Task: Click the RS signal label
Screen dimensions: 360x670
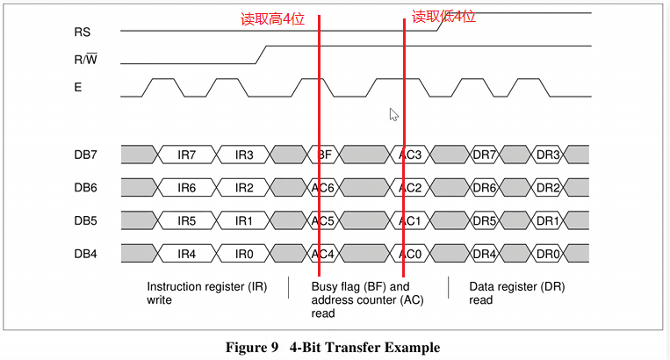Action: [x=83, y=32]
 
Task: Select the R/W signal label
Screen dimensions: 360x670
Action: [x=86, y=61]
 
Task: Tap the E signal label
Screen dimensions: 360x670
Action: [x=78, y=88]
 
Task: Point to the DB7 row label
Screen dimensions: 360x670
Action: [x=86, y=155]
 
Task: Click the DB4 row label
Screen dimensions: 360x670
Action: [x=86, y=255]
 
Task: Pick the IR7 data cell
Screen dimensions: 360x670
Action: [x=187, y=155]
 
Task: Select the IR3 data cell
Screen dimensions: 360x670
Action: [x=245, y=155]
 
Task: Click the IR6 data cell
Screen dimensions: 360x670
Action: [x=187, y=188]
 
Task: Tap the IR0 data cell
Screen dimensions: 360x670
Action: [x=245, y=255]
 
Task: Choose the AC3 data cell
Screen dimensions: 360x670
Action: [x=411, y=155]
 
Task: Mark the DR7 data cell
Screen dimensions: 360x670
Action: [x=486, y=155]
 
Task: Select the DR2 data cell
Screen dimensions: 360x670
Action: [x=548, y=188]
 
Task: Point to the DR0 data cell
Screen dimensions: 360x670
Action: [x=548, y=255]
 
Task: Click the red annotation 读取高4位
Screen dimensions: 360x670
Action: [x=272, y=19]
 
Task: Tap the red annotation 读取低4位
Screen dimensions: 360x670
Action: [x=443, y=17]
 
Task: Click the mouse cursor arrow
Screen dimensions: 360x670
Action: [x=394, y=114]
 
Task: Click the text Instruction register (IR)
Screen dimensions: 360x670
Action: [x=206, y=286]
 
